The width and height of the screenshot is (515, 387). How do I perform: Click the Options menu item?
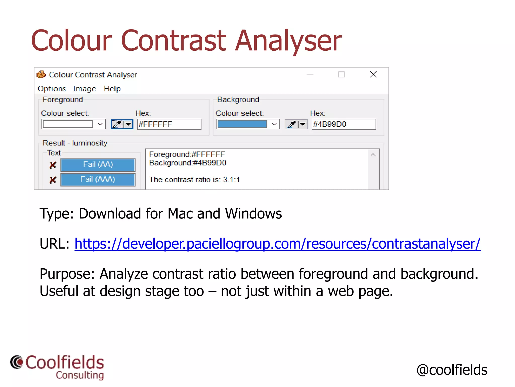52,89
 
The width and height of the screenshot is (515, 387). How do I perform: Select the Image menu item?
84,89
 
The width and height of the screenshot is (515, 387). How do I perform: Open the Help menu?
112,89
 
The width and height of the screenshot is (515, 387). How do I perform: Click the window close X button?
373,75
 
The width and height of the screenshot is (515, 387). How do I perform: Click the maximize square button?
341,75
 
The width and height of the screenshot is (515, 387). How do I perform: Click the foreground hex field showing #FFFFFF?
169,124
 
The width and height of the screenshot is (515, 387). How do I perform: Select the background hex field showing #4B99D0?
344,124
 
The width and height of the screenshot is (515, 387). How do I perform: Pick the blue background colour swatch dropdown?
248,124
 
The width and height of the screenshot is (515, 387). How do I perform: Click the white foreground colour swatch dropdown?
73,124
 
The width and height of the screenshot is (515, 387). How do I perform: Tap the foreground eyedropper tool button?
117,124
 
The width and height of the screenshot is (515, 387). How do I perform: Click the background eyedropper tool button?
292,124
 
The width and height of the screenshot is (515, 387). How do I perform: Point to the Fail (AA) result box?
98,165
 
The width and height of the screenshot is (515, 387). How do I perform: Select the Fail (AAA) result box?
98,179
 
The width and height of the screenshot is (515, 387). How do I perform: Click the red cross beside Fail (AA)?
53,165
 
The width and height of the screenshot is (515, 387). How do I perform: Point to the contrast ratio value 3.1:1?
231,180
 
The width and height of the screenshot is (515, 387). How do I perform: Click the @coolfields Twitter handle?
452,370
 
